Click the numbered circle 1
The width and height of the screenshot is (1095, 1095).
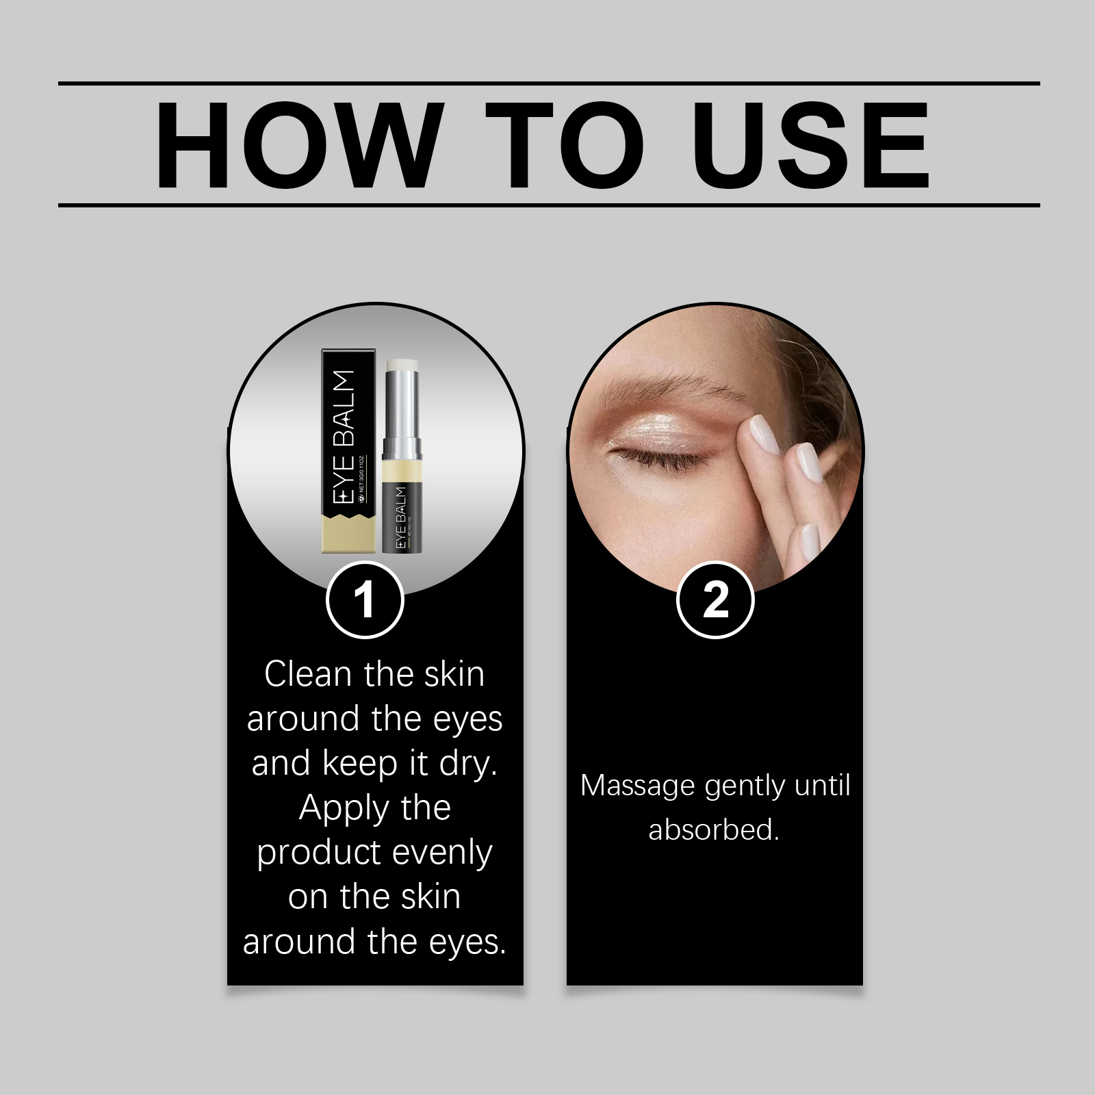pos(365,600)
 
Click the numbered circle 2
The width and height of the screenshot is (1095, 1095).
pos(715,600)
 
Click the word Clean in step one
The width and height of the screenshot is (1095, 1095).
pos(308,674)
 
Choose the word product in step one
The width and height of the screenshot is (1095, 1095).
pos(313,853)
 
